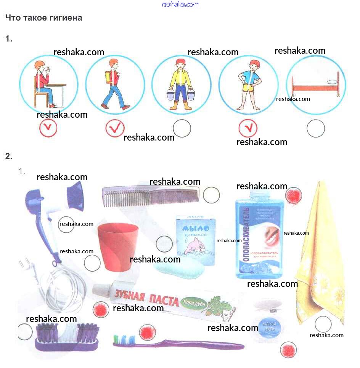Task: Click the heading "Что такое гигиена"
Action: pos(43,18)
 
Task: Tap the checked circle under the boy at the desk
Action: pos(48,128)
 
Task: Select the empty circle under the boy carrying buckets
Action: pos(182,128)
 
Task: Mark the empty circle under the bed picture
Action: pos(316,128)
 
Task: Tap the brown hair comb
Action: pos(151,195)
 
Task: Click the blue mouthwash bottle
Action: pos(259,236)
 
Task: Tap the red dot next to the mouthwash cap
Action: pos(294,196)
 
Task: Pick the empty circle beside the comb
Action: pos(211,195)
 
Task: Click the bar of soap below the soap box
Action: pos(179,269)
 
